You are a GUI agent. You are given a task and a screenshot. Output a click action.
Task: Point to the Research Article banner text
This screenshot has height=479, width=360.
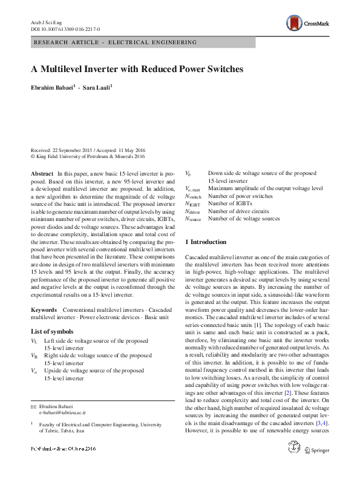(115, 42)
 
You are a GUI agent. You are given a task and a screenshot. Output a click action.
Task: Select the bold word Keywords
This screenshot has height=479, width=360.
(44, 309)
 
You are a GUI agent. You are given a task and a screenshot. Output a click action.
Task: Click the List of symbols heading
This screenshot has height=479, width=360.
(52, 331)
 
